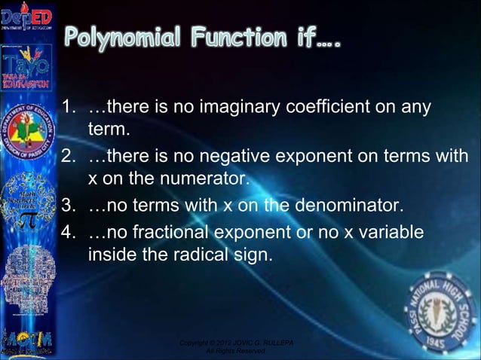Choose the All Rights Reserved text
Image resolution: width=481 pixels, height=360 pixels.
coord(236,352)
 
